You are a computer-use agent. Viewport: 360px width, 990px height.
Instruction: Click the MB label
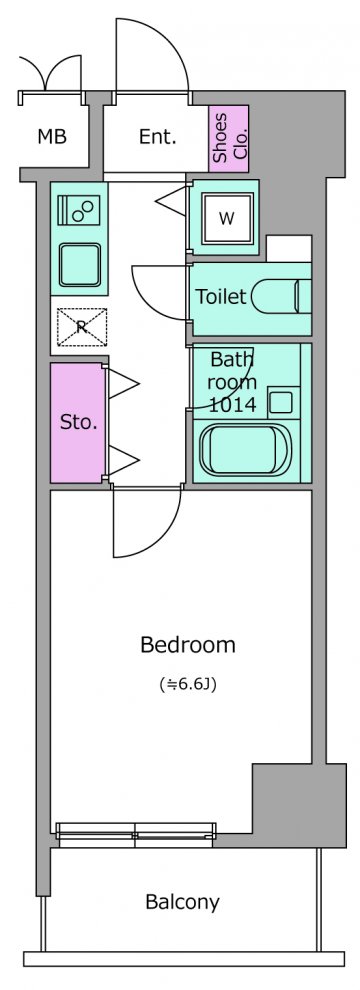click(x=52, y=136)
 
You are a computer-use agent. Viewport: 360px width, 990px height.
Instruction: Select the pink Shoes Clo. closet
click(x=229, y=139)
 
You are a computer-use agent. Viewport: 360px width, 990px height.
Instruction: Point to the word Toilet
click(x=220, y=297)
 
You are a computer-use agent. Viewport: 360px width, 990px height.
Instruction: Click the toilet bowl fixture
click(x=281, y=295)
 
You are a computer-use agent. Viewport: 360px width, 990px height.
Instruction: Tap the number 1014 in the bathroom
click(x=232, y=405)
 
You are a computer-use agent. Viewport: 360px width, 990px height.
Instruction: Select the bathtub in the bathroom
click(x=245, y=449)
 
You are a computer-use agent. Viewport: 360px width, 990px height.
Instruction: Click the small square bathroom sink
click(x=281, y=402)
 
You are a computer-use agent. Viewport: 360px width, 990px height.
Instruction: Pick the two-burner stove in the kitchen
click(x=79, y=210)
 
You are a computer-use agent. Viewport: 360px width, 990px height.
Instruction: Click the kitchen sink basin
click(x=80, y=265)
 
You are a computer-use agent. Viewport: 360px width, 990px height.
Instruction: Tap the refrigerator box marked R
click(x=81, y=327)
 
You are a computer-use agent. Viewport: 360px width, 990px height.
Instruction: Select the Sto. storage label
click(x=79, y=422)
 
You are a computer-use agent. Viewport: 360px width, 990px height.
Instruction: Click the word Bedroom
click(x=188, y=645)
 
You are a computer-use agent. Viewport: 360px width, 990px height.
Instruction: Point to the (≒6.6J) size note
click(x=188, y=684)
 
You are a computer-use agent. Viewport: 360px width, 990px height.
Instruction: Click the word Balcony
click(x=182, y=902)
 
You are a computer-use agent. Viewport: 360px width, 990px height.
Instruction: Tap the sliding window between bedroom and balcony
click(x=136, y=834)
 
